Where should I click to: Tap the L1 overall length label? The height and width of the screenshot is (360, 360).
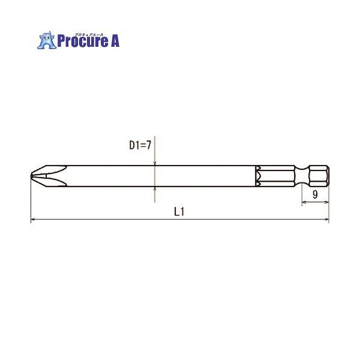click(178, 211)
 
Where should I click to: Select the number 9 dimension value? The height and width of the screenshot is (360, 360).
click(315, 194)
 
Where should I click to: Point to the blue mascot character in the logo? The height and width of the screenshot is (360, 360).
click(46, 40)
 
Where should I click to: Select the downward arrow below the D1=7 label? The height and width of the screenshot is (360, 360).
click(155, 163)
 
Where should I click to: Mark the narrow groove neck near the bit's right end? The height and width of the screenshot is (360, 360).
click(302, 175)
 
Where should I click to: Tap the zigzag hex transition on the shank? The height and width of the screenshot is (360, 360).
click(257, 175)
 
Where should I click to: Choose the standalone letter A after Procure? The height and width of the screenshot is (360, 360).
click(115, 41)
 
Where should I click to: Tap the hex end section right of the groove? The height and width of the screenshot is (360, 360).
click(316, 175)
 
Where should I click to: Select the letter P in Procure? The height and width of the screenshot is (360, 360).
click(61, 41)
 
